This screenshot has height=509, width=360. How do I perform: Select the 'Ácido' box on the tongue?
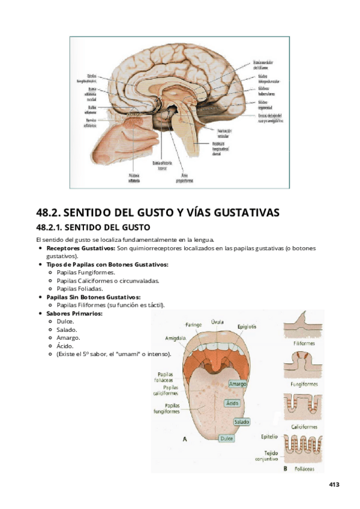click(232, 403)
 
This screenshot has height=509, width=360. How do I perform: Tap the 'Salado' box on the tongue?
click(241, 422)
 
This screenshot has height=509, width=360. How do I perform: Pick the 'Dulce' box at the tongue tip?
click(226, 439)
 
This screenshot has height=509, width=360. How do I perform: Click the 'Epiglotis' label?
click(247, 327)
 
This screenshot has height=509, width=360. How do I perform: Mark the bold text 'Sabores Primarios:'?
click(74, 313)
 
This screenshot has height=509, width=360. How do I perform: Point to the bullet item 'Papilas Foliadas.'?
click(84, 288)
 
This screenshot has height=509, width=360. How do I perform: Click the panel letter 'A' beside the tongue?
click(185, 439)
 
